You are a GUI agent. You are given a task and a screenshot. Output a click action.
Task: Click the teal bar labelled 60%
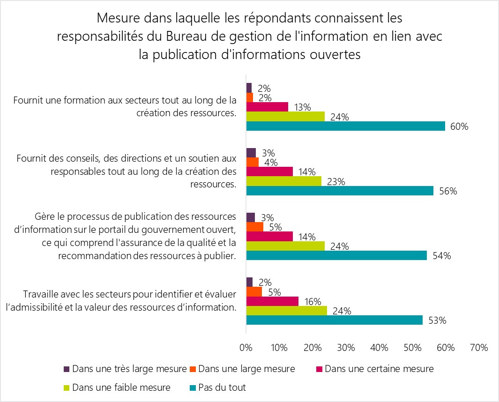345,126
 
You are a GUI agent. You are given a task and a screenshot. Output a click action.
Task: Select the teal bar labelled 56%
340,191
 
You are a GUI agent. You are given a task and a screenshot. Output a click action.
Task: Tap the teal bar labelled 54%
336,255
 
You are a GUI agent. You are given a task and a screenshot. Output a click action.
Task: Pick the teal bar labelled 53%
334,320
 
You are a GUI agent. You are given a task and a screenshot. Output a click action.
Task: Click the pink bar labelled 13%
267,107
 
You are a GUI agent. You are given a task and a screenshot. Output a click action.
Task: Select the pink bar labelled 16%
272,301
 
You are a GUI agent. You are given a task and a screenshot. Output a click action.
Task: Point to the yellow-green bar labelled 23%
284,181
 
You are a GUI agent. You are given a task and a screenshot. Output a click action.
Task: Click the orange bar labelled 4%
253,162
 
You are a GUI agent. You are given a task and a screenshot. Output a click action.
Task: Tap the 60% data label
459,127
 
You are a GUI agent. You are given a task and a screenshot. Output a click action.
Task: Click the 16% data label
312,301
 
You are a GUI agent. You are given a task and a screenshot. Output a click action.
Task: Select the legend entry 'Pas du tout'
222,387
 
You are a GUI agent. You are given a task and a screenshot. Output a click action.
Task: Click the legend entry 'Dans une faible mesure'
121,387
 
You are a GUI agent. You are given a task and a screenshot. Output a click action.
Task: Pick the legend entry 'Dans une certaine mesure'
379,369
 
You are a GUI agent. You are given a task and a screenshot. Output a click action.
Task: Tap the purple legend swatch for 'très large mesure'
67,369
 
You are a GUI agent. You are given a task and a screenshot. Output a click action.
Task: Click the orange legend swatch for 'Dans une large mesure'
193,369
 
